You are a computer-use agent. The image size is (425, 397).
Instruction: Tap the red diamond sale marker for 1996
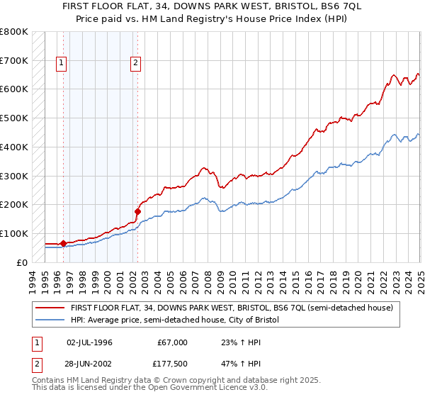63,243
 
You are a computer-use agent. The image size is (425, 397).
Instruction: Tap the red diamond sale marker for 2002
137,211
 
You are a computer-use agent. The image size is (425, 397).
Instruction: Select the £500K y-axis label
15,118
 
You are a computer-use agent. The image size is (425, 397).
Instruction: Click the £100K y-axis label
15,233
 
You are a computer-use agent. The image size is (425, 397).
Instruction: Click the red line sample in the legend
51,308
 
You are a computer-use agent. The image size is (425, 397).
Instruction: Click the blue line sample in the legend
51,320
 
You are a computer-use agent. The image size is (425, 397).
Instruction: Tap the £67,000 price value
173,342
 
